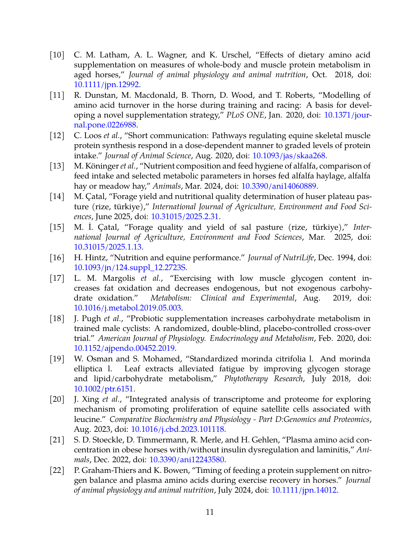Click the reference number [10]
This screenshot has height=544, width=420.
coord(57,55)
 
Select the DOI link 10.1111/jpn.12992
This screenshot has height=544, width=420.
coord(106,84)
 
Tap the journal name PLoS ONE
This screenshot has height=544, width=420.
coord(245,115)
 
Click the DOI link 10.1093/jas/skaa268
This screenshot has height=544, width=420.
coord(289,156)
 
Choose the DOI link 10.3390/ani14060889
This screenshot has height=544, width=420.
coord(279,186)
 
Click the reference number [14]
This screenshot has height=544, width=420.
coord(57,196)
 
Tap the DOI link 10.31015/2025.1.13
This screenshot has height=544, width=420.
coord(108,247)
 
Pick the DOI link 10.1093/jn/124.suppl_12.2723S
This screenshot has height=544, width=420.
coord(130,267)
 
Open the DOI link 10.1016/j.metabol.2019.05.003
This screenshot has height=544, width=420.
coord(127,308)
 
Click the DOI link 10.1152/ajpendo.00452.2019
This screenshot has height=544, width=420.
coord(124,348)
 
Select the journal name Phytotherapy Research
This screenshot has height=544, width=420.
coord(263,379)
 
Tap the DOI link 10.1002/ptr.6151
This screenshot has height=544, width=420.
coord(103,389)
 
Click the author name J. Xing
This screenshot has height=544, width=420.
coord(86,399)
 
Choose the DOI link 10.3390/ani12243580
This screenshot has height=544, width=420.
coord(187,460)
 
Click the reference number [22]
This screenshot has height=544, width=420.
coord(57,470)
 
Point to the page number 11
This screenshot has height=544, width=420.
coord(210,512)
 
